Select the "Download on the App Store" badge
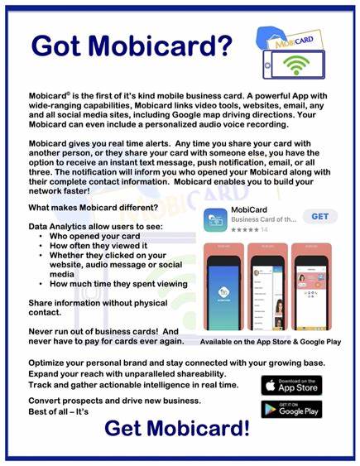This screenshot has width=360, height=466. coord(291,385)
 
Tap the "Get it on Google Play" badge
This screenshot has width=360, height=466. coord(291,411)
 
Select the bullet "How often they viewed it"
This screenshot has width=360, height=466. coord(94,246)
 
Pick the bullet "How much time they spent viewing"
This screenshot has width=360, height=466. coord(118,285)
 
